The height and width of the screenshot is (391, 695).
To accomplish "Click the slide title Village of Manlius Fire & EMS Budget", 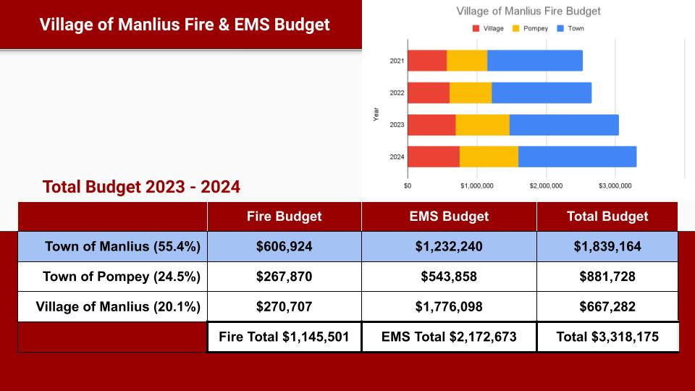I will (185, 25).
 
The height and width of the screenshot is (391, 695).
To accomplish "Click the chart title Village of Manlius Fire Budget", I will (528, 12).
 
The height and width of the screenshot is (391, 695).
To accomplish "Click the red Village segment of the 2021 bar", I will (427, 61).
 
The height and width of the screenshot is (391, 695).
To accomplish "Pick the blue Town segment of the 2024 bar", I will (577, 156).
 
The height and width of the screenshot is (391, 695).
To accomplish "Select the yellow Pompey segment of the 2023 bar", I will (482, 125).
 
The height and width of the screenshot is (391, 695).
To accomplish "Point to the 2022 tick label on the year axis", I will (397, 93).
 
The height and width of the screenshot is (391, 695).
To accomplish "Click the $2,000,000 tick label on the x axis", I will (546, 185).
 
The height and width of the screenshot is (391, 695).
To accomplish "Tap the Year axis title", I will (376, 114).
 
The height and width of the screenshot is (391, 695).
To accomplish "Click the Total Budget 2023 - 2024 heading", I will (142, 187).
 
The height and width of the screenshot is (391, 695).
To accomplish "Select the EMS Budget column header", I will (449, 216).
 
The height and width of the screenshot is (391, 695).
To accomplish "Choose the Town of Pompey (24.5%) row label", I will (122, 277).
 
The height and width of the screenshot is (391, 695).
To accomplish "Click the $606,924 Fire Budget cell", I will (284, 247).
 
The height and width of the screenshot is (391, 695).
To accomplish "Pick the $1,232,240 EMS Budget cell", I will (449, 247).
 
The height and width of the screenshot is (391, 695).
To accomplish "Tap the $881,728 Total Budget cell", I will (607, 277).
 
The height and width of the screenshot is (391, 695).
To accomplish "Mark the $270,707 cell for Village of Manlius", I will (284, 307).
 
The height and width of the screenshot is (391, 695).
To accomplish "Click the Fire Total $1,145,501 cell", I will (284, 337).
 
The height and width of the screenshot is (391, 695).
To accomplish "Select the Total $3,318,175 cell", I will (607, 337).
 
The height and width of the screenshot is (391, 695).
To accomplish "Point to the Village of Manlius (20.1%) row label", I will (118, 307).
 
